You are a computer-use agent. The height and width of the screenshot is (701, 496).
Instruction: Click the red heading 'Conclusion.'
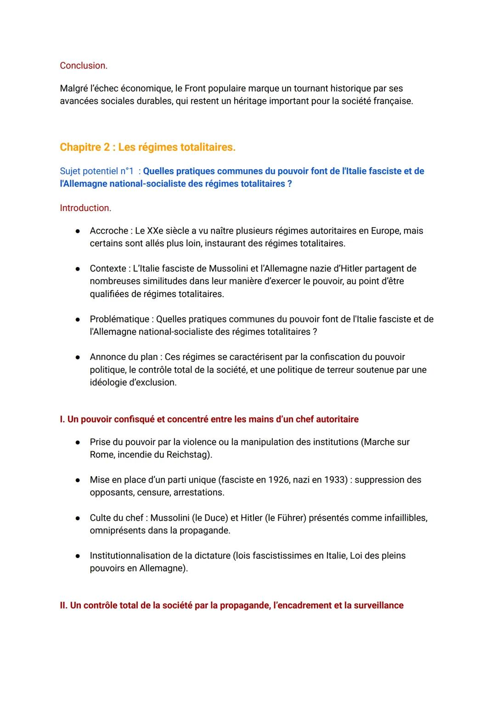[84, 66]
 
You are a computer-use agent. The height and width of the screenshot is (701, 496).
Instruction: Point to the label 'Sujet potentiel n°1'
[97, 171]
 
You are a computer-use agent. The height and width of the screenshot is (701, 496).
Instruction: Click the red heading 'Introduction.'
[85, 208]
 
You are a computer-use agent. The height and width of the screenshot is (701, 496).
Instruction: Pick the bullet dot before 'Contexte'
[79, 269]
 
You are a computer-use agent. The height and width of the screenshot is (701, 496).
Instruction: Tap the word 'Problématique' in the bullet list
[119, 319]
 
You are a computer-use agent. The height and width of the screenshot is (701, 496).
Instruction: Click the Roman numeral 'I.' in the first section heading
[62, 419]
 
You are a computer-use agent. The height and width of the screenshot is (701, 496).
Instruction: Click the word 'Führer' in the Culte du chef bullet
[291, 518]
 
